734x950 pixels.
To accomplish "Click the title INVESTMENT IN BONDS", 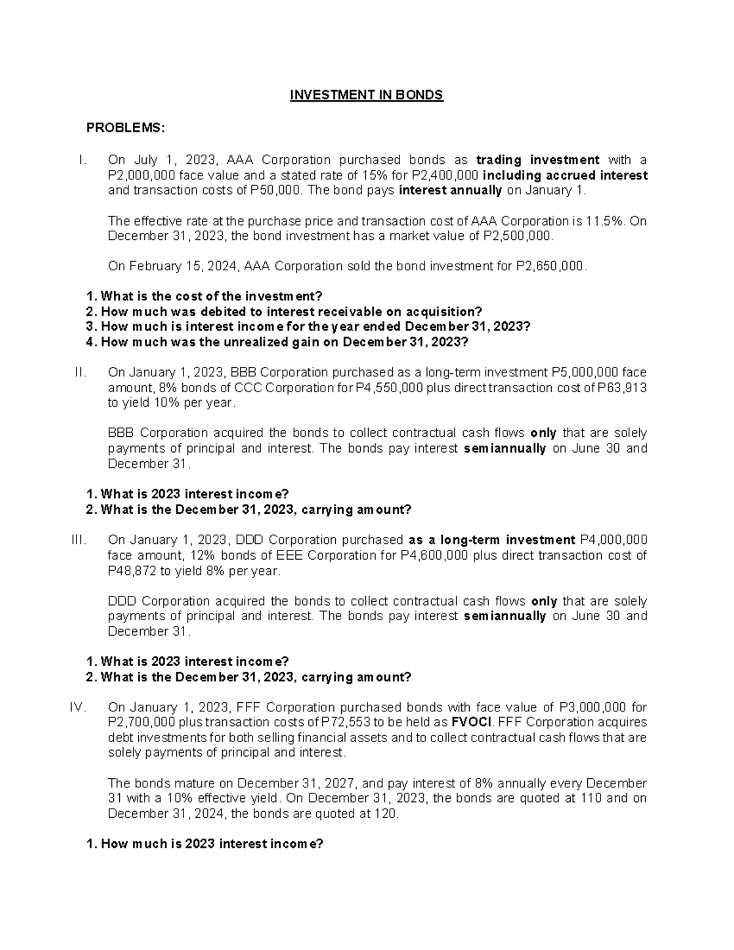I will coord(366,95).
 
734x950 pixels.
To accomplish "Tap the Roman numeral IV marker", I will coord(78,708).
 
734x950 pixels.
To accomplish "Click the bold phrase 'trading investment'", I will coord(538,160).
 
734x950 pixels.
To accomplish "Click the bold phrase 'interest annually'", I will coord(450,190).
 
